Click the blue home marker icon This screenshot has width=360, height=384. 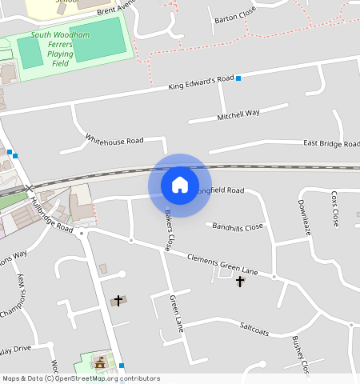click(x=180, y=185)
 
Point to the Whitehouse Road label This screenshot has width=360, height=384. click(x=114, y=140)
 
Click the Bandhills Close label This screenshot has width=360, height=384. click(x=238, y=226)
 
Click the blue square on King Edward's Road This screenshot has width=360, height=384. click(x=238, y=78)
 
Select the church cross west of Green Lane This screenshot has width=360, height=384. click(x=118, y=301)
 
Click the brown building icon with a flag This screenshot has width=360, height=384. click(x=101, y=363)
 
